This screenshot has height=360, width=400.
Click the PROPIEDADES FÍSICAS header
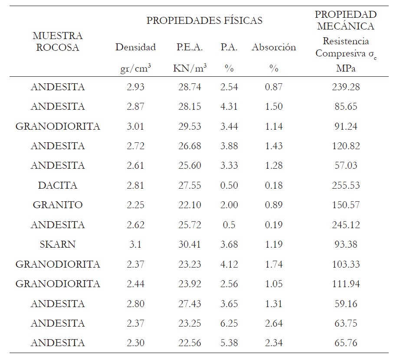pos(204,20)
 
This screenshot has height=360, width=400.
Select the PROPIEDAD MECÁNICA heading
pos(345,20)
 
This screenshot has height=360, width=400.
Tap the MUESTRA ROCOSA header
pos(57,42)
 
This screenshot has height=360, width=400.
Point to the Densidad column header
pos(135,47)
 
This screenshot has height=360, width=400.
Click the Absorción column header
pos(273,47)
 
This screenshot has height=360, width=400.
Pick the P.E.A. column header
pos(190,47)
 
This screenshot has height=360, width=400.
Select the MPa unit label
pos(345,69)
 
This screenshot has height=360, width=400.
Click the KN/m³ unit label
pos(190,69)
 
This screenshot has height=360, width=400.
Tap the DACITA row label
pos(58,186)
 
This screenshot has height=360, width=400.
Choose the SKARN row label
pos(58,245)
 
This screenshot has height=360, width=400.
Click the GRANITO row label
pos(58,205)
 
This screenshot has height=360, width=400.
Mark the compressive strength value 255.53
pos(345,186)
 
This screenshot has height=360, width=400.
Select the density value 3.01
pos(135,127)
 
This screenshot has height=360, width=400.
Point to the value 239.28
pos(345,87)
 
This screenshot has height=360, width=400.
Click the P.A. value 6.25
pos(229,324)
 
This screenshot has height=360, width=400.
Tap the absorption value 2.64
pos(273,324)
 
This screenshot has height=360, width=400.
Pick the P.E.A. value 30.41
pos(190,245)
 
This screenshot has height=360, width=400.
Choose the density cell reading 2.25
pos(135,205)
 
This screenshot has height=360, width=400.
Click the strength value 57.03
pos(345,166)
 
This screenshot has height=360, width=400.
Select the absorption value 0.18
pos(273,186)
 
